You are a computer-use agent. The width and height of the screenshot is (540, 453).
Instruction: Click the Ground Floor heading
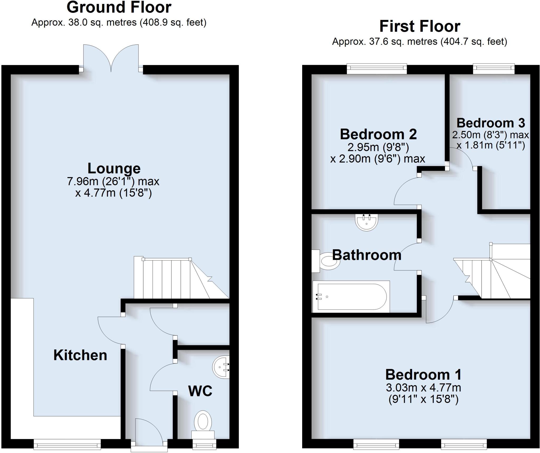point(119,7)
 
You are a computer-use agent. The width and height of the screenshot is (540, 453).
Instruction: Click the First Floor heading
point(420,26)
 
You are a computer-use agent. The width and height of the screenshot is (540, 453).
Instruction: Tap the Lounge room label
point(114,169)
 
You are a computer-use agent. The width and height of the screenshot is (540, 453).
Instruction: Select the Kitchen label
point(80,355)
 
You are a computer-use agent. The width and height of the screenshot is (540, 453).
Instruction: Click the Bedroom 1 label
point(423,374)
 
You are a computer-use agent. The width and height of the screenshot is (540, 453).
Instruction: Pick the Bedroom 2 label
point(378,134)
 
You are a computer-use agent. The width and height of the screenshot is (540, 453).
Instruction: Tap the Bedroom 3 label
point(491,123)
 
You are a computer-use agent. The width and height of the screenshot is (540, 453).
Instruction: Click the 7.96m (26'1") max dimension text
point(113,181)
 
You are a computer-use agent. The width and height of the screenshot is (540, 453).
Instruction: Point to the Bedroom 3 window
point(494,69)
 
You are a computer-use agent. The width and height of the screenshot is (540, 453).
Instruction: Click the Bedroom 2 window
point(377,69)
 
